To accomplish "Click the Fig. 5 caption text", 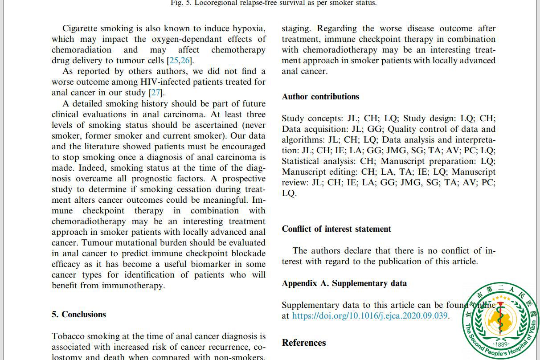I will pyautogui.click(x=273, y=3).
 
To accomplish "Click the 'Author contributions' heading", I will pyautogui.click(x=320, y=97).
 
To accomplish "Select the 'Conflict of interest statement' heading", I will pyautogui.click(x=336, y=229).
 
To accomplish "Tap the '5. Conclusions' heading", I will pyautogui.click(x=79, y=315).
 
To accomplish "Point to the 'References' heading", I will pyautogui.click(x=304, y=343).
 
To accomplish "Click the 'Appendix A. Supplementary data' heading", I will pyautogui.click(x=344, y=283).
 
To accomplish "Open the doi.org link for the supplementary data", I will pyautogui.click(x=370, y=316).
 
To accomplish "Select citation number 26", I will pyautogui.click(x=185, y=61).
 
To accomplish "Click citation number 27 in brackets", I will pyautogui.click(x=155, y=93).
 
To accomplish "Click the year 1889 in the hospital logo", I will pyautogui.click(x=501, y=344).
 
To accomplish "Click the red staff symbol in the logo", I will pyautogui.click(x=501, y=317).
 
